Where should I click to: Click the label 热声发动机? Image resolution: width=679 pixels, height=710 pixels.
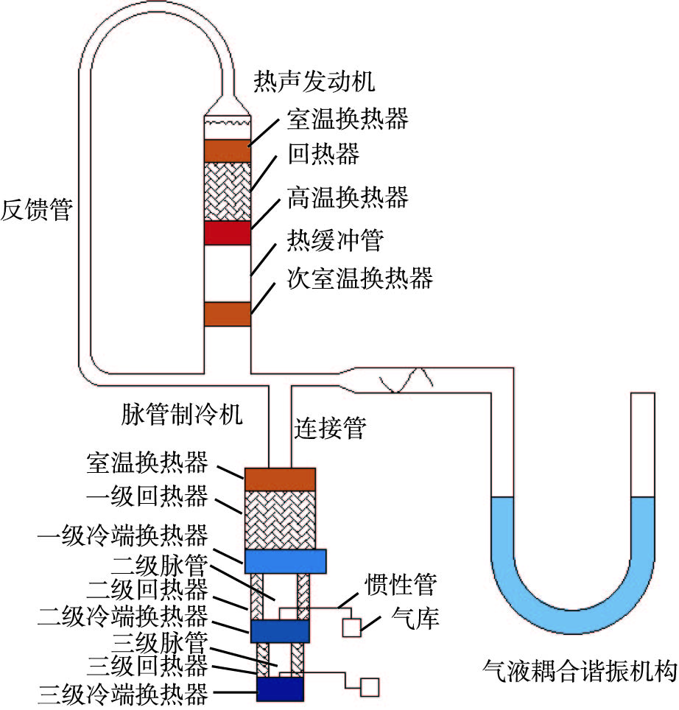coord(314,81)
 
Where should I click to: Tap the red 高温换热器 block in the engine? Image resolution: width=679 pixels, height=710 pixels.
coord(228,233)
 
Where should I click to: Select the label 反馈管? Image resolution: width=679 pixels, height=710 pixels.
coord(37,209)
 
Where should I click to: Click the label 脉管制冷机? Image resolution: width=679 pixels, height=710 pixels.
coord(180,415)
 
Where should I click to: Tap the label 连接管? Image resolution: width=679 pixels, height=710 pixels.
coord(330,428)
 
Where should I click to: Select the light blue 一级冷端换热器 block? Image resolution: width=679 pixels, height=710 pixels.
coord(285,561)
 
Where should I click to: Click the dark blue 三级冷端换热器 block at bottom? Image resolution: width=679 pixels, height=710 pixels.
coord(280,689)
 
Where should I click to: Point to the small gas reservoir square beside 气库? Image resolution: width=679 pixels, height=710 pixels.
coord(352,627)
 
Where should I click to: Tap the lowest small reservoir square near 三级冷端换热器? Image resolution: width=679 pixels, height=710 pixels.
coord(368,686)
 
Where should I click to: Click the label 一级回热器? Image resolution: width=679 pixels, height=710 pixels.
coord(147,497)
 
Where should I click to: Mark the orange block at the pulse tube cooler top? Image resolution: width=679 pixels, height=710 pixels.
coord(280,479)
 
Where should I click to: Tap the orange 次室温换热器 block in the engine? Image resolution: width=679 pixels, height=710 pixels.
coord(228,313)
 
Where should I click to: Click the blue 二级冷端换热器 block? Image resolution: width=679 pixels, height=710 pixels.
coord(280,631)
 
